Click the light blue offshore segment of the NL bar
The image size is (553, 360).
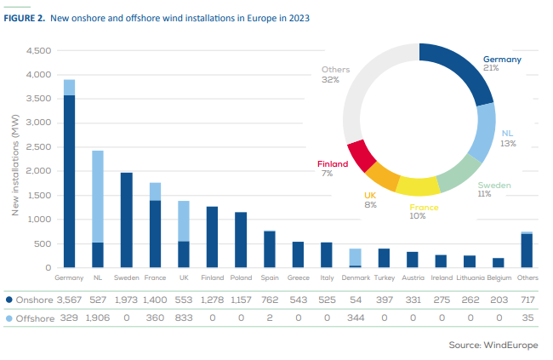98,197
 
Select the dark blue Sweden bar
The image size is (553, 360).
127,220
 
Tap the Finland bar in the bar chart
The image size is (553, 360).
212,237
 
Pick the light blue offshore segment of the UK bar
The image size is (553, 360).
184,221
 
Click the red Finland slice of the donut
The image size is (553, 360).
361,155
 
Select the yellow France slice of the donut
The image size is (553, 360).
418,186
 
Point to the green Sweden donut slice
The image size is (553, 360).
459,173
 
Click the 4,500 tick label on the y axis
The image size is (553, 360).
39,51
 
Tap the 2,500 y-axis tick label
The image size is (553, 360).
39,147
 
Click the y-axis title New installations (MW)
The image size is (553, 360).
14,165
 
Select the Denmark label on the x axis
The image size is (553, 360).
356,277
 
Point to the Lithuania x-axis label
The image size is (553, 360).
470,277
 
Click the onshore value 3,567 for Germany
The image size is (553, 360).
69,300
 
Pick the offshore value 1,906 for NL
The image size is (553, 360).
98,318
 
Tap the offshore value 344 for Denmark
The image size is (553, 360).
356,318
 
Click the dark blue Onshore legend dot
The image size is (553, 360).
9,300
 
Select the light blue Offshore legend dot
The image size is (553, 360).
9,318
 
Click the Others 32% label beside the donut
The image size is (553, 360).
335,75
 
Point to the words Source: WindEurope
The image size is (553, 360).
493,345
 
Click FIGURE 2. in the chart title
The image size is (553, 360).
25,18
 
